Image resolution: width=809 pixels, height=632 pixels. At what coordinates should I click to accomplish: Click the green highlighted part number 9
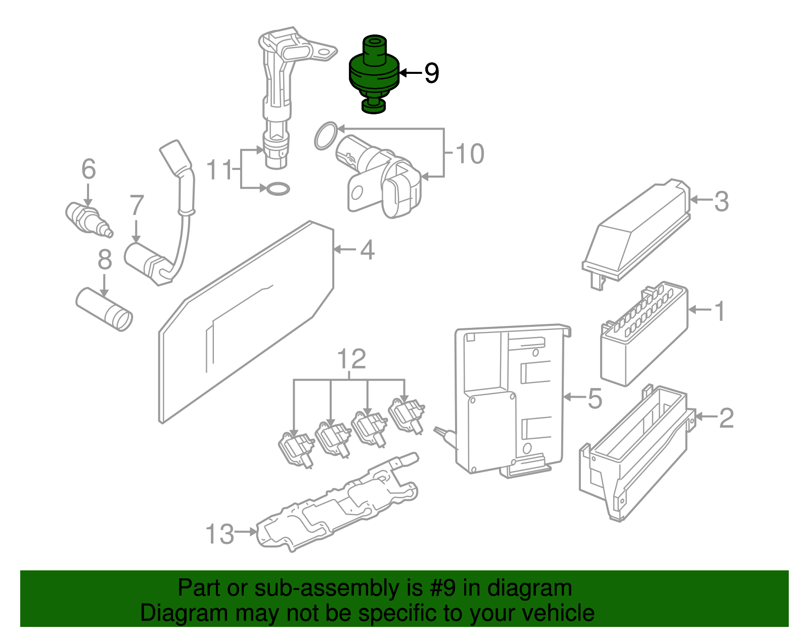click(x=374, y=73)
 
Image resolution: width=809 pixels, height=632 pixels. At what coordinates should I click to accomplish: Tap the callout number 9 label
click(x=431, y=73)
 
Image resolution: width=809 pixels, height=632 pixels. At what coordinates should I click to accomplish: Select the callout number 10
click(x=470, y=154)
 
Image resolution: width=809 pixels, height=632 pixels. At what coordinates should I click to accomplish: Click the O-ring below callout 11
click(x=278, y=189)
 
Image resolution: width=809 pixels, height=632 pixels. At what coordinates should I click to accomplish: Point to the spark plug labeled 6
click(x=87, y=219)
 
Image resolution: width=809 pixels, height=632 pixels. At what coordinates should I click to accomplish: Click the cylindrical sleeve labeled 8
click(x=105, y=309)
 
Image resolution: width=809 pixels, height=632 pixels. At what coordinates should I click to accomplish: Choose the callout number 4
click(x=367, y=250)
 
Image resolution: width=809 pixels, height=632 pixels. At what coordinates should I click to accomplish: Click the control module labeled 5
click(x=511, y=400)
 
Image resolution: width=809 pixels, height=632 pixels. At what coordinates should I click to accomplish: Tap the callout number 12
click(x=351, y=360)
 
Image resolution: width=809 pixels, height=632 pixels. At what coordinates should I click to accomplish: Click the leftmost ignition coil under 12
click(x=296, y=448)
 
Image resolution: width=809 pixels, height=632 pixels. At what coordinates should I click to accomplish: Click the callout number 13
click(x=219, y=534)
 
